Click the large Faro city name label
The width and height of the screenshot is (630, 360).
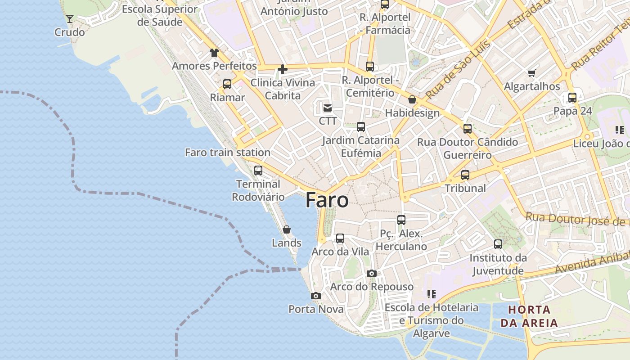(327, 200)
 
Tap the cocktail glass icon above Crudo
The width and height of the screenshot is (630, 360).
(70, 19)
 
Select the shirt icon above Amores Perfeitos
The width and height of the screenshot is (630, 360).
(214, 53)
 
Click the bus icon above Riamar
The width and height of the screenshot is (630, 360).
(227, 84)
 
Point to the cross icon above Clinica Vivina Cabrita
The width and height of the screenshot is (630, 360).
(283, 69)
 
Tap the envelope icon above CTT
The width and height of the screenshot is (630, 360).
(328, 108)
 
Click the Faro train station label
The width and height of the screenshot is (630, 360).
(228, 153)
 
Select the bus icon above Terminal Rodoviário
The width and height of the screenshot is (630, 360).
(258, 171)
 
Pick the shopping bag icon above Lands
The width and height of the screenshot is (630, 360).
(287, 229)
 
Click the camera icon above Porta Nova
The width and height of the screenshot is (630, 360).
(316, 296)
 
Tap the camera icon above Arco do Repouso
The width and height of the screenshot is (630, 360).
(372, 273)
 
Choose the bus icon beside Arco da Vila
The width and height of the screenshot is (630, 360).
(340, 238)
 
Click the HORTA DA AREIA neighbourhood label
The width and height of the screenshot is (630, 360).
(529, 316)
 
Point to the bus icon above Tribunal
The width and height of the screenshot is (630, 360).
(465, 175)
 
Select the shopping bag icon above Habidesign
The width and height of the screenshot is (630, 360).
(412, 99)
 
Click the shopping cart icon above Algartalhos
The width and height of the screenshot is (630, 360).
(532, 73)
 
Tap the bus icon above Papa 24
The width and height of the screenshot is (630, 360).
(572, 98)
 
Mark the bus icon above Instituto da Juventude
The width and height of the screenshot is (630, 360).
(498, 244)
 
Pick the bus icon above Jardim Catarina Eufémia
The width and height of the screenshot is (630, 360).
(361, 127)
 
